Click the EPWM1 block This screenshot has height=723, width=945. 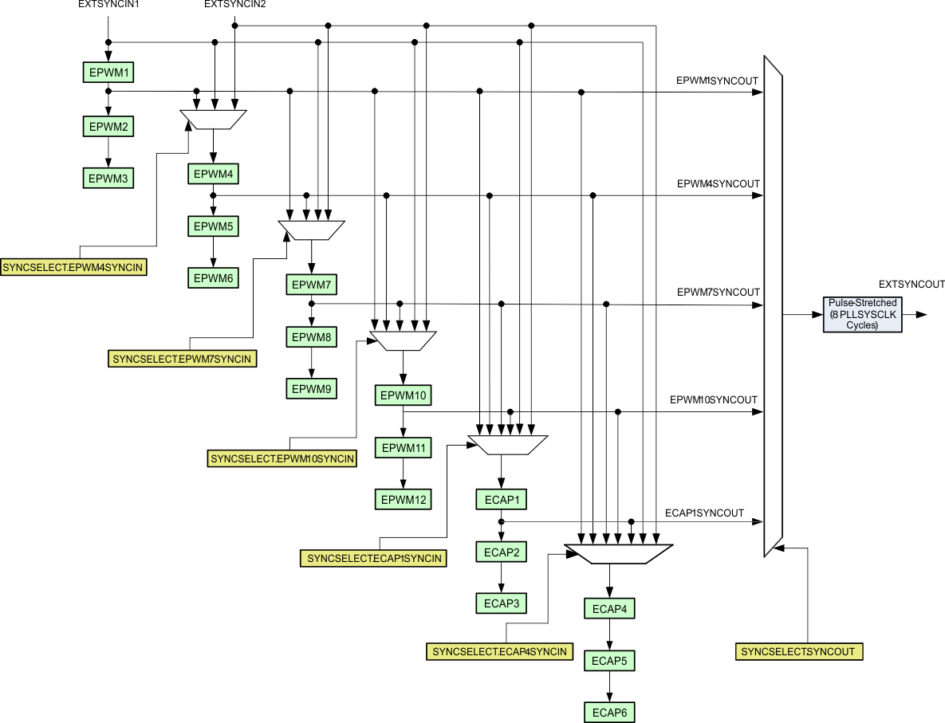pyautogui.click(x=108, y=73)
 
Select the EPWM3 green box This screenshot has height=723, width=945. pyautogui.click(x=108, y=179)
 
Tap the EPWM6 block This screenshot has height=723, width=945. pyautogui.click(x=213, y=278)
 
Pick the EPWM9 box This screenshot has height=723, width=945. pyautogui.click(x=311, y=389)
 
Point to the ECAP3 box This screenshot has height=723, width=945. pyautogui.click(x=501, y=603)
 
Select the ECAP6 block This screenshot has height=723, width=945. pyautogui.click(x=610, y=712)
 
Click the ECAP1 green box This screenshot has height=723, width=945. pyautogui.click(x=501, y=500)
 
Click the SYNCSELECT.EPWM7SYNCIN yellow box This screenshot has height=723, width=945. pyautogui.click(x=182, y=360)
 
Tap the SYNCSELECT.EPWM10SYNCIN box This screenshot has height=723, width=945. pyautogui.click(x=282, y=458)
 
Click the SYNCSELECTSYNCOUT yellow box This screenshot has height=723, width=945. pyautogui.click(x=797, y=651)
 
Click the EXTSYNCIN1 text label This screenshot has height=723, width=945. pyautogui.click(x=108, y=5)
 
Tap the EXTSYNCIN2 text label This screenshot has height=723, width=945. pyautogui.click(x=235, y=5)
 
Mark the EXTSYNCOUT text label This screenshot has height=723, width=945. pyautogui.click(x=911, y=284)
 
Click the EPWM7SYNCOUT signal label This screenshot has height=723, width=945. pyautogui.click(x=718, y=293)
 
